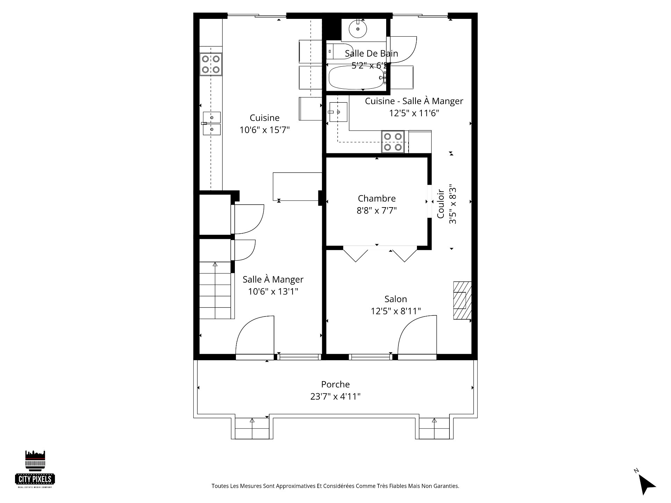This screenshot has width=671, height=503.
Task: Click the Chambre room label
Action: (377, 198)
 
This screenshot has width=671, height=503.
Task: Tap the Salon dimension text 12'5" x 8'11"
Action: (396, 311)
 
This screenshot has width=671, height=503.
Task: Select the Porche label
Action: (335, 384)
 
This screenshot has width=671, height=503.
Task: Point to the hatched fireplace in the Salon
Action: (462, 300)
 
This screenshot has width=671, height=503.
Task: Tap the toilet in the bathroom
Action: (340, 52)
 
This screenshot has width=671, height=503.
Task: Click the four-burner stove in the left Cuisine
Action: (211, 64)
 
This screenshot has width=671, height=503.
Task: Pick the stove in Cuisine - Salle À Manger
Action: (393, 142)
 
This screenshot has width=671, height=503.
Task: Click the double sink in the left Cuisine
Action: (212, 123)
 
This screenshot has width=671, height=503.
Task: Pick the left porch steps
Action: (252, 428)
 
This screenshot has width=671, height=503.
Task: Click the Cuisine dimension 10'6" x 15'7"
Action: (265, 130)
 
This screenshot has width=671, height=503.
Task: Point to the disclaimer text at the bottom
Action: (335, 486)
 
